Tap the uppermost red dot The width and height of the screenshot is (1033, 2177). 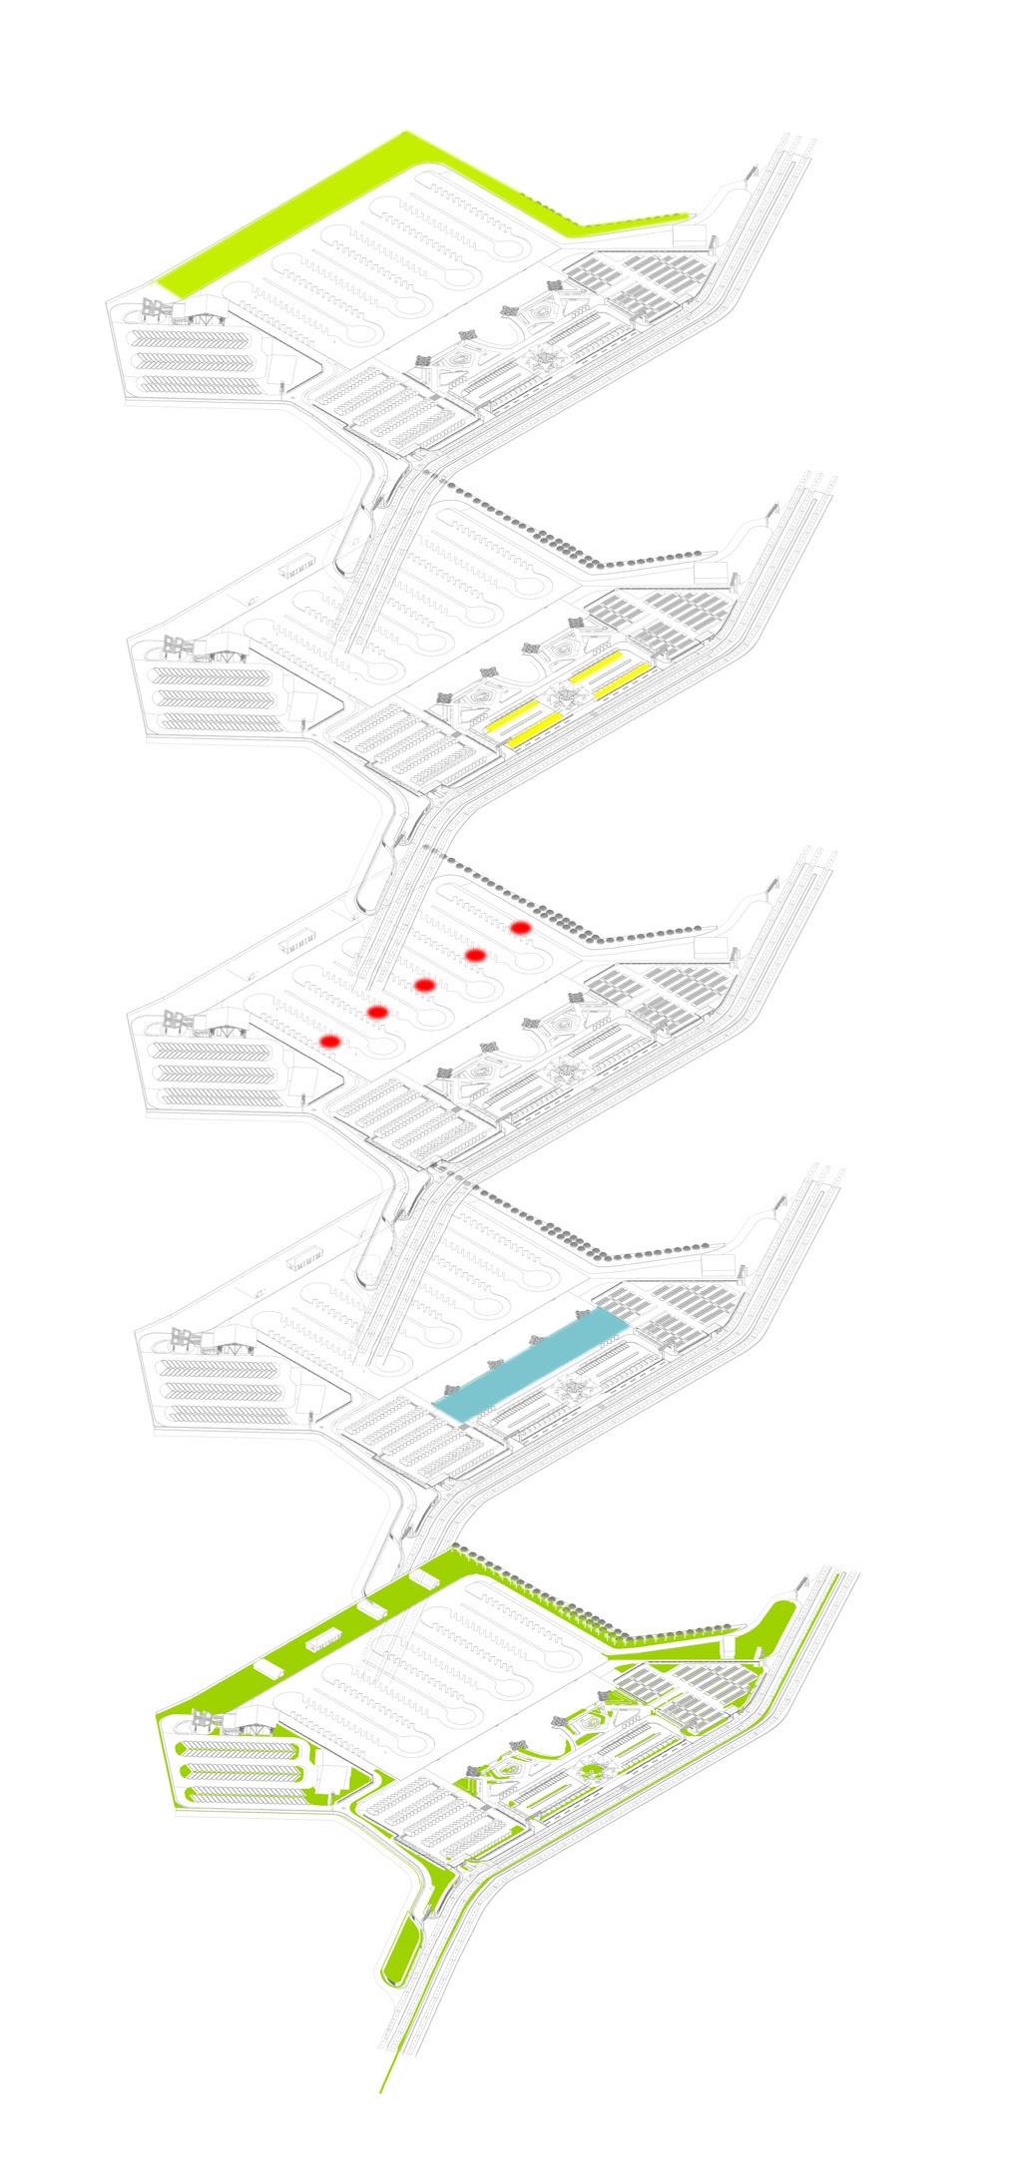tap(520, 928)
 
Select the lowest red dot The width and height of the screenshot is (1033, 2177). tap(330, 1042)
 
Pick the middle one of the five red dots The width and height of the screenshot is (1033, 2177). tap(424, 986)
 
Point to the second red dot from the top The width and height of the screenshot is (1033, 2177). tap(475, 956)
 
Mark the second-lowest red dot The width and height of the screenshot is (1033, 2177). tap(377, 1013)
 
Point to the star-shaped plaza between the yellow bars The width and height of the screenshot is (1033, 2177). tap(561, 699)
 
